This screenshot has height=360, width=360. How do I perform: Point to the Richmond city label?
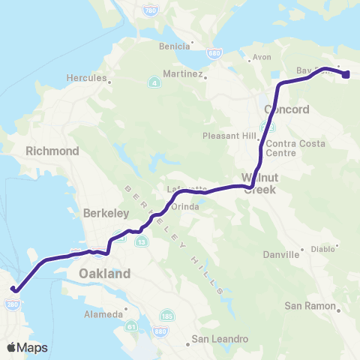click(52, 151)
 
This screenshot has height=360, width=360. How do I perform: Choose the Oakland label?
click(104, 274)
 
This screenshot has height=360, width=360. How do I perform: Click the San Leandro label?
click(220, 339)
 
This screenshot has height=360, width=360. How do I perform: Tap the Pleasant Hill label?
click(229, 136)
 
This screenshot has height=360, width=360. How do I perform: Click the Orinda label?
click(184, 206)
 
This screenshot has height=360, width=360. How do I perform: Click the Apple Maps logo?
click(27, 347)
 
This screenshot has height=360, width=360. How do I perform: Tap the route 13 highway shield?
click(141, 240)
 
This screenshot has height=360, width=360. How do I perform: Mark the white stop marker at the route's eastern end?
click(346, 73)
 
